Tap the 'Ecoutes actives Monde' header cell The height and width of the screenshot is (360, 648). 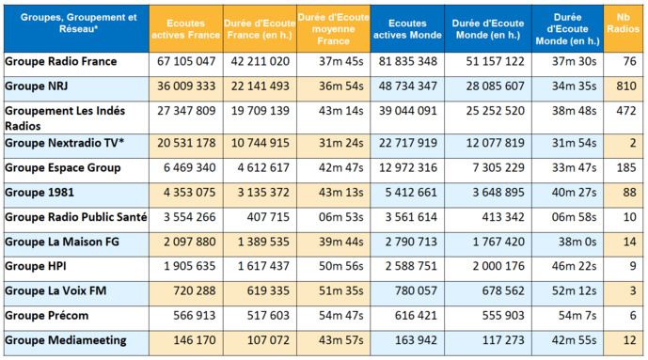[404, 28]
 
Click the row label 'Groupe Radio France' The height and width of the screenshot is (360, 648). [61, 62]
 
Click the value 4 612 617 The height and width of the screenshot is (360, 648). [260, 168]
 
